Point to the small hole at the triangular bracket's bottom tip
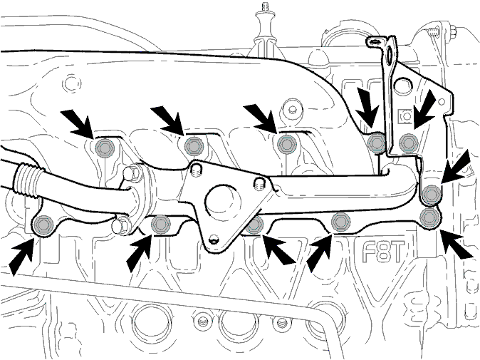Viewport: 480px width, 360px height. pyautogui.click(x=214, y=238)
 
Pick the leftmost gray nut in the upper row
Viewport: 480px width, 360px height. pyautogui.click(x=105, y=148)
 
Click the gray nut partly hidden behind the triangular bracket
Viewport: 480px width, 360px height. pyautogui.click(x=255, y=225)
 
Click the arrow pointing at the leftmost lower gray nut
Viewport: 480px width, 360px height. pyautogui.click(x=21, y=257)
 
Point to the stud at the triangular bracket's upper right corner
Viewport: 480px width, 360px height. pyautogui.click(x=259, y=184)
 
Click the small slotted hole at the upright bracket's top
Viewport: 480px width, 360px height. pyautogui.click(x=375, y=41)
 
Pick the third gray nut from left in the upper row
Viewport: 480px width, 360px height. pyautogui.click(x=286, y=144)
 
